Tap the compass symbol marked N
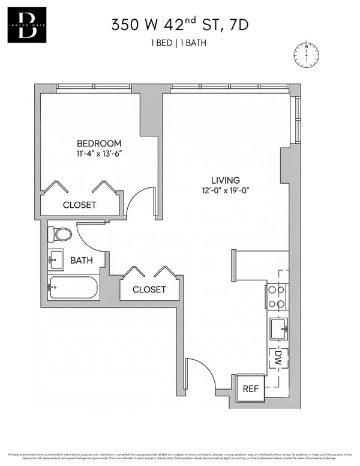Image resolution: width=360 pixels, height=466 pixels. (x=306, y=55)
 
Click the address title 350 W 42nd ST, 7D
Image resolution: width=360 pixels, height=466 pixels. (x=179, y=25)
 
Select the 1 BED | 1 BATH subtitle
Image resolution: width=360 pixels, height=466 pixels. (x=179, y=44)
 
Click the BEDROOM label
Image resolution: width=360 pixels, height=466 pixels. (x=99, y=144)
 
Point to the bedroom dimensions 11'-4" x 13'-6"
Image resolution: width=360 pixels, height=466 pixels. (x=99, y=154)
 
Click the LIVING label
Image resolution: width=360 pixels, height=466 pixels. (x=225, y=180)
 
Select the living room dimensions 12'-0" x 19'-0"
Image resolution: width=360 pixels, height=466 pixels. (x=225, y=191)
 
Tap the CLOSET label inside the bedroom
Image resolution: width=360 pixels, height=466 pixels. (x=79, y=205)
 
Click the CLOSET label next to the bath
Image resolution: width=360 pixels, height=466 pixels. (x=149, y=289)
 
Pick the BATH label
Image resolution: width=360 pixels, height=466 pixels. (x=81, y=261)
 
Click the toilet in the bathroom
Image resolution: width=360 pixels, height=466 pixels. (x=59, y=234)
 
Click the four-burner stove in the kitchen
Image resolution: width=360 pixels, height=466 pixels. (x=277, y=295)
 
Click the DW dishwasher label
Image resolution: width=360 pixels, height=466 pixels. (x=278, y=360)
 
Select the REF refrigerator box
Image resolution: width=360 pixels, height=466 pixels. (x=250, y=389)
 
